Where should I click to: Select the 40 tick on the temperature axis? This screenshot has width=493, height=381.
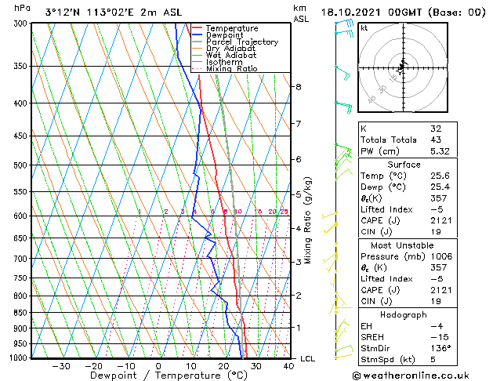[x=289, y=365]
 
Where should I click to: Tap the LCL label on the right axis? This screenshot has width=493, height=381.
[x=307, y=359]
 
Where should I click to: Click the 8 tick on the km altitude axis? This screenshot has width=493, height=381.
[x=299, y=86]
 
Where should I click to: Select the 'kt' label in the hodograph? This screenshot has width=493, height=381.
[x=364, y=27]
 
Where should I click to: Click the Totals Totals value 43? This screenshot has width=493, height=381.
[x=436, y=140]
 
